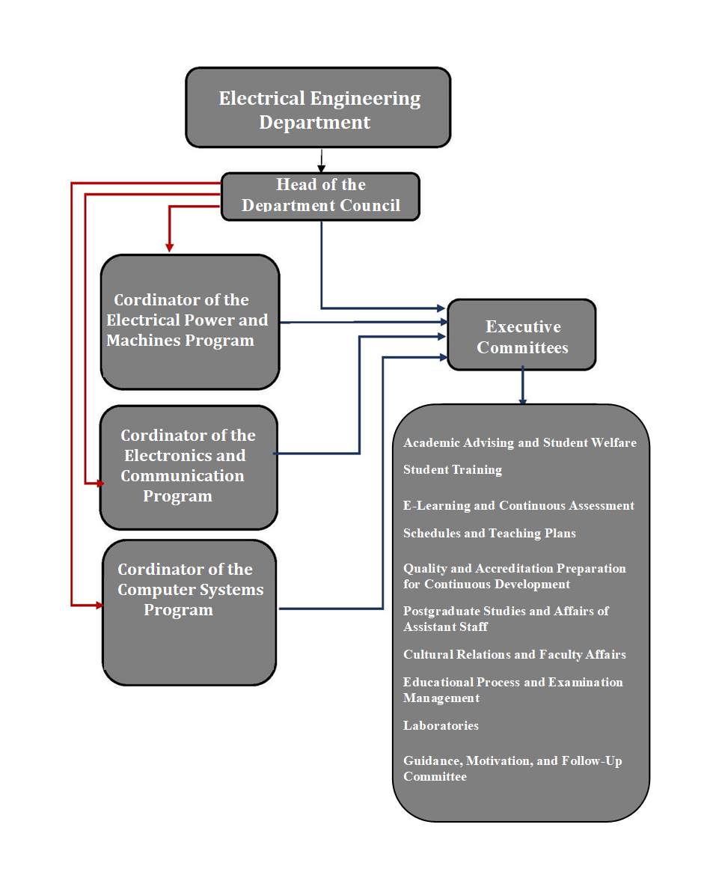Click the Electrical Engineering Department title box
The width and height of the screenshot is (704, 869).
[318, 108]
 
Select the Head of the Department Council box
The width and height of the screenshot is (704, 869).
[320, 196]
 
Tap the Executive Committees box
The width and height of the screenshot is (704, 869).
[521, 335]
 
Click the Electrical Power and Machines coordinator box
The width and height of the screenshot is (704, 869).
[190, 322]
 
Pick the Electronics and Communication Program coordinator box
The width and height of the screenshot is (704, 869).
[189, 467]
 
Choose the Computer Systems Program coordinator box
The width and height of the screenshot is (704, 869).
[189, 612]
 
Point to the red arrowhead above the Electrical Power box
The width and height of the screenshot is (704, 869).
[170, 246]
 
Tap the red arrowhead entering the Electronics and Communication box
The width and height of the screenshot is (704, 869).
[99, 484]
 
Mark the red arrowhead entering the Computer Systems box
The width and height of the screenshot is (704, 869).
[99, 604]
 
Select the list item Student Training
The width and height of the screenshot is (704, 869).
[453, 470]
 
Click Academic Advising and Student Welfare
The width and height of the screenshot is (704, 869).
[520, 443]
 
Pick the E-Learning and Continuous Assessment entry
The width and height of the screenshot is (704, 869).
[518, 506]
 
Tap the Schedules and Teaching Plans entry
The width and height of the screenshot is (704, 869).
[489, 534]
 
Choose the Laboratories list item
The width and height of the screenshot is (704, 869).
[441, 726]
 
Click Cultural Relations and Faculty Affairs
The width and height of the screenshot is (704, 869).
[515, 655]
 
